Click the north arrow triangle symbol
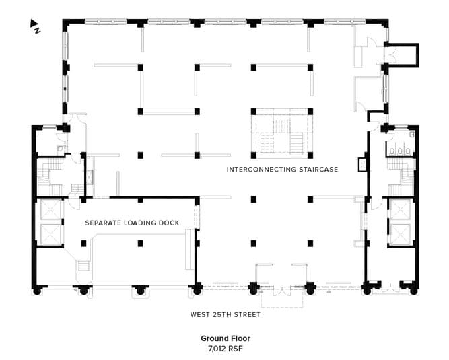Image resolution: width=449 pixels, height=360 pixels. (x=34, y=23)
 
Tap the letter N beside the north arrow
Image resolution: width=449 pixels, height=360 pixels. (x=38, y=30)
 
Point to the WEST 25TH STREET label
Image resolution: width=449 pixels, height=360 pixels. (x=226, y=314)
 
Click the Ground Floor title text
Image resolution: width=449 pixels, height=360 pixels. (x=226, y=338)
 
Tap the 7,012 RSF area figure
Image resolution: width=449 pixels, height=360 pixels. (x=226, y=349)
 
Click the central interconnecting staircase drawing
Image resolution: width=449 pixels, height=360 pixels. (x=282, y=133)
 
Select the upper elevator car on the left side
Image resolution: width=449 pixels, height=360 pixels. (x=50, y=210)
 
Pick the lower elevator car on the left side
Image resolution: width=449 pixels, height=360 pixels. (x=50, y=234)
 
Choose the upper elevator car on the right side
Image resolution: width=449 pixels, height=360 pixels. (x=401, y=209)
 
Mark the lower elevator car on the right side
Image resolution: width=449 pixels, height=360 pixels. (x=401, y=235)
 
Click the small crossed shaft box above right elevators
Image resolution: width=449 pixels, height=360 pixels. (x=363, y=165)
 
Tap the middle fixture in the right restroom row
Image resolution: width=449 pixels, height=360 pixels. (x=400, y=151)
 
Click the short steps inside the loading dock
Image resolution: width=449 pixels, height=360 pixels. (x=84, y=266)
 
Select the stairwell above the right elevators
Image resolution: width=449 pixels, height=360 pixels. (x=401, y=177)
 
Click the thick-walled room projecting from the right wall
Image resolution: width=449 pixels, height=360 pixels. (x=402, y=55)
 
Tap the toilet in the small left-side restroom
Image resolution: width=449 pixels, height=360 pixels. (x=60, y=149)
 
